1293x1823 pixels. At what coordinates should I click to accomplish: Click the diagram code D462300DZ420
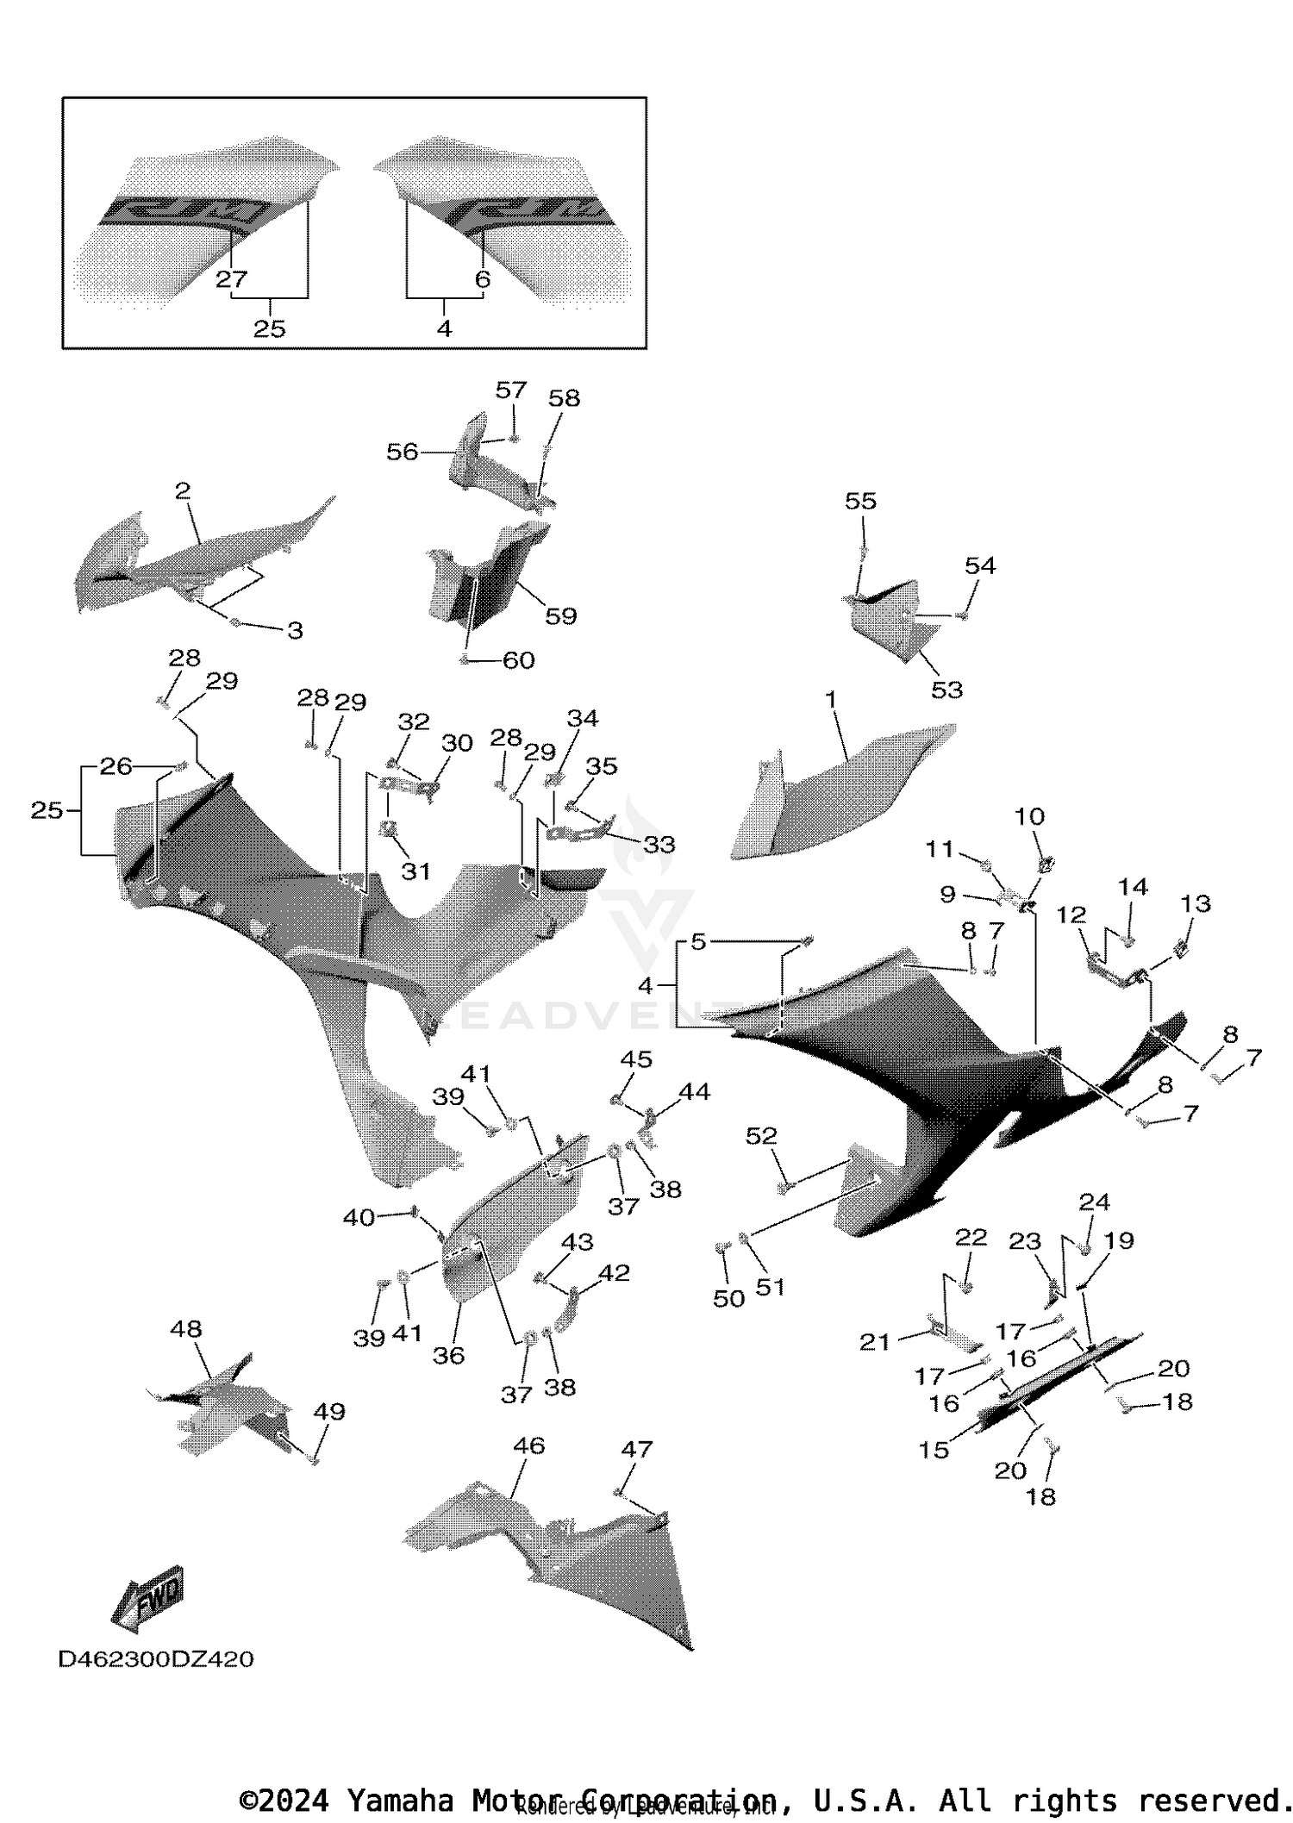(x=156, y=1659)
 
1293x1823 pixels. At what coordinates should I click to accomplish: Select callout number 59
(x=561, y=616)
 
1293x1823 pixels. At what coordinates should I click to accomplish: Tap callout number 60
(x=519, y=660)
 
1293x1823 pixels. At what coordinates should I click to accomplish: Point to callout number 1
(x=831, y=700)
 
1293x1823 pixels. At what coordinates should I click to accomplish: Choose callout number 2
(x=183, y=491)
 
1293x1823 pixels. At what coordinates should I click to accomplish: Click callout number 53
(x=946, y=690)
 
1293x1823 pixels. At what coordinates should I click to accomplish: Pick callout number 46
(x=528, y=1445)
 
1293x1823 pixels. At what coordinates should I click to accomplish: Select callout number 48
(x=186, y=1329)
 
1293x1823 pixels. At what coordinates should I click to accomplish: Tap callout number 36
(x=448, y=1356)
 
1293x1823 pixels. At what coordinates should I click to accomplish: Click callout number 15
(x=934, y=1450)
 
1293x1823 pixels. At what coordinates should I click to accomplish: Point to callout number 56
(x=402, y=452)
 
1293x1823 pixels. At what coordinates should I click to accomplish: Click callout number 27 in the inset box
(x=231, y=279)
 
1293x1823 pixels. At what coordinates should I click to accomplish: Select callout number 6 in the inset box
(x=483, y=279)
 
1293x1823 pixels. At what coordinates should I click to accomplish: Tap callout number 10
(x=1030, y=816)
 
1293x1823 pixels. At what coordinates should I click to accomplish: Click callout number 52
(x=761, y=1136)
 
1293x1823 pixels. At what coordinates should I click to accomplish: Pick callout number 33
(x=659, y=845)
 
